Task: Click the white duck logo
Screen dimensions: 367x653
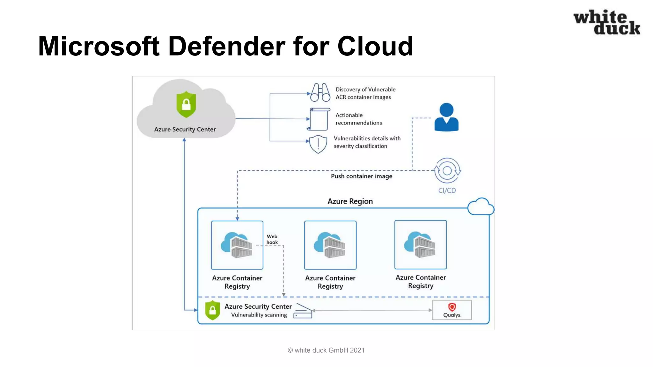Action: [x=606, y=22]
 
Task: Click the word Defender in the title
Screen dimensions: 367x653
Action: [x=226, y=46]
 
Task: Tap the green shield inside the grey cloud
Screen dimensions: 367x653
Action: [x=186, y=104]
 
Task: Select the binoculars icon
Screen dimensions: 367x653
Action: [x=320, y=92]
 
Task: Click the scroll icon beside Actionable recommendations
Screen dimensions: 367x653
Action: [x=319, y=119]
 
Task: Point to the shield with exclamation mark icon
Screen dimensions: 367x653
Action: [x=318, y=144]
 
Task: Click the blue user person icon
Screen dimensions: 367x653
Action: [x=446, y=117]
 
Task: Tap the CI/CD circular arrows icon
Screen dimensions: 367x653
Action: [x=447, y=170]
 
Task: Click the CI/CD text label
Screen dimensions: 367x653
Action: [x=447, y=191]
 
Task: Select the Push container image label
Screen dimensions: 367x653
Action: [x=362, y=176]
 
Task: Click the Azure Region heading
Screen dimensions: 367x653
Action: [x=350, y=201]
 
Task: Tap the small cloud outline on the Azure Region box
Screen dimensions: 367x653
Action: [x=481, y=207]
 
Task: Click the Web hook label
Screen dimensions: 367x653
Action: [x=272, y=239]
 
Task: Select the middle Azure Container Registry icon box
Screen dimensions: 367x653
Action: [x=330, y=245]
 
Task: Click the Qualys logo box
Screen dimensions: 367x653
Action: [x=452, y=310]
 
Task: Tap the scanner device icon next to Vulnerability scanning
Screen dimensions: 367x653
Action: [x=303, y=311]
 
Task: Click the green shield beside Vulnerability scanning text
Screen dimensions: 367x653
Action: [x=213, y=310]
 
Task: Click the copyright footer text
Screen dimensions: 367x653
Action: [x=326, y=350]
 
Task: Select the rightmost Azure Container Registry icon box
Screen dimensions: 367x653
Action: [x=421, y=245]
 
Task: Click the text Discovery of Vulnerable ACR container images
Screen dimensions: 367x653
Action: [x=365, y=93]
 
